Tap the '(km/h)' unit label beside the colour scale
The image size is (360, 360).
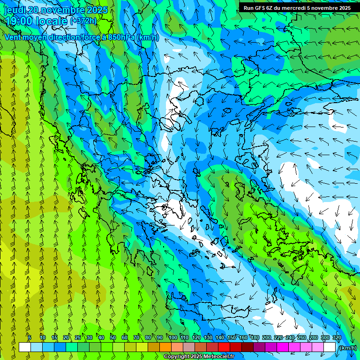coord(347,348)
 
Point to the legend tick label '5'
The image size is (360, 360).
coord(30,337)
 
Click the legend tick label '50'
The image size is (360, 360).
coord(113,337)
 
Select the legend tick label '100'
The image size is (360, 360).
coord(172,337)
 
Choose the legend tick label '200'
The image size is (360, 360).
coord(267,337)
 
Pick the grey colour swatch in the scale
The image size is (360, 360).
coord(189,347)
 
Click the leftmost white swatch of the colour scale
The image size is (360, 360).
coord(25,347)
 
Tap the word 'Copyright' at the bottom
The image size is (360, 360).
coord(177,357)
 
